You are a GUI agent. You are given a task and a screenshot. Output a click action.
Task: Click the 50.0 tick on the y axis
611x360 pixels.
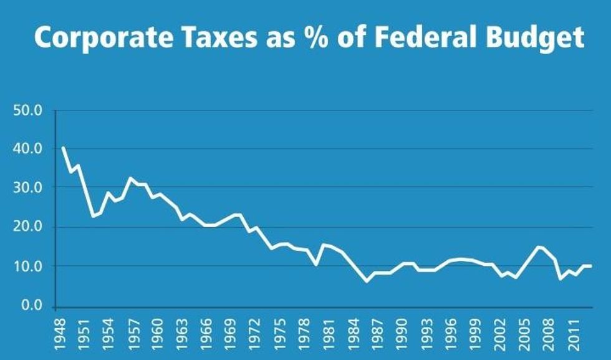point(28,111)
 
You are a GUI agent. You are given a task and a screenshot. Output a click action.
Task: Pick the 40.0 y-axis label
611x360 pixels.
point(28,149)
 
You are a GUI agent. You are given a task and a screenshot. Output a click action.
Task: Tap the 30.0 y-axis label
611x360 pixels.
point(28,188)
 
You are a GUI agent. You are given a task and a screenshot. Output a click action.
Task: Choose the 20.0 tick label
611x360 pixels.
point(28,227)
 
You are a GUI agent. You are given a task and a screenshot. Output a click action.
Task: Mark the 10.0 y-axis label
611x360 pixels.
point(28,266)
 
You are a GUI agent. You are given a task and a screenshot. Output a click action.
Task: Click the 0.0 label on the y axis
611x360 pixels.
point(31,306)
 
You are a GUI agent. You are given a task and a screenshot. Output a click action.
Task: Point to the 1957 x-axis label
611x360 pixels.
point(130,333)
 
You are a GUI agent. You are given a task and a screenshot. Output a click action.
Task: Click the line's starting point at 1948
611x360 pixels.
point(63,148)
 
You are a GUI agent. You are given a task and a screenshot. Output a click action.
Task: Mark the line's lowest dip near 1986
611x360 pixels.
point(367,281)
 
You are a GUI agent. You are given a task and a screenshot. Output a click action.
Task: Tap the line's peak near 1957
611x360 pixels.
point(130,178)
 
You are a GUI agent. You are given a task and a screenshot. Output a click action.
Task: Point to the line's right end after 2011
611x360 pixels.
point(590,266)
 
